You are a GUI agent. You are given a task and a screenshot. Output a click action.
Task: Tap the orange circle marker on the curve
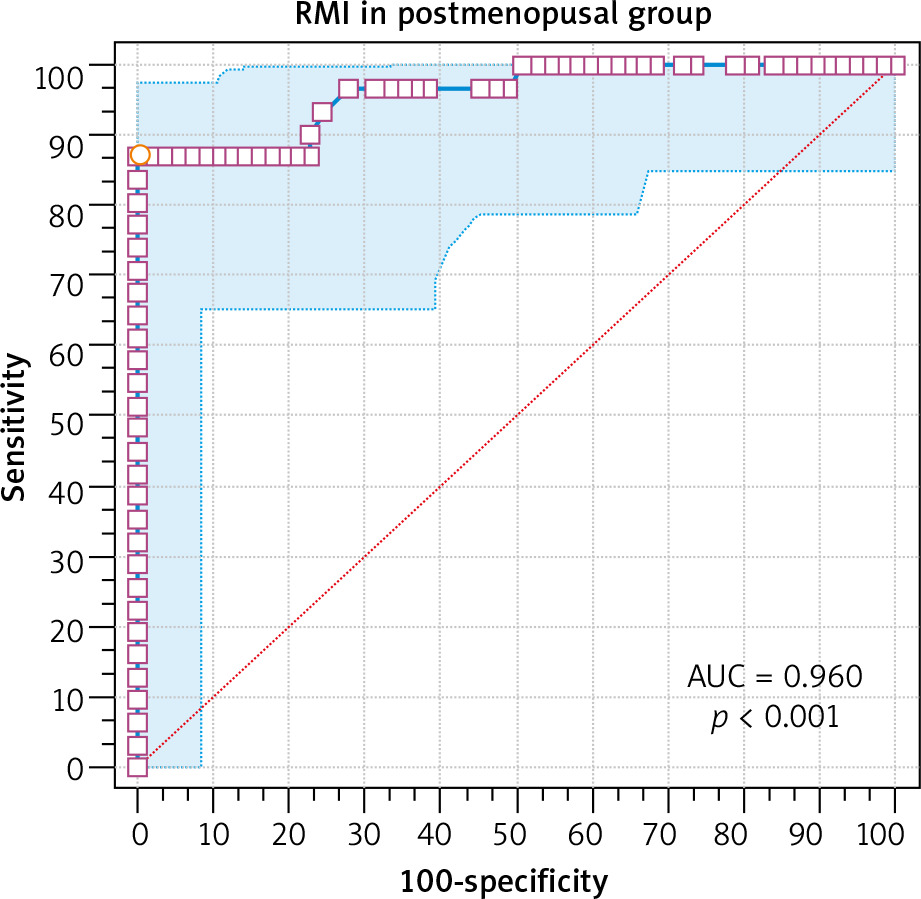coord(140,155)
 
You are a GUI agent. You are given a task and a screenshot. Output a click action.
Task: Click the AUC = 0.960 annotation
coord(774,677)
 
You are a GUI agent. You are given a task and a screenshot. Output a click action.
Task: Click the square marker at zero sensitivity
coord(138,767)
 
